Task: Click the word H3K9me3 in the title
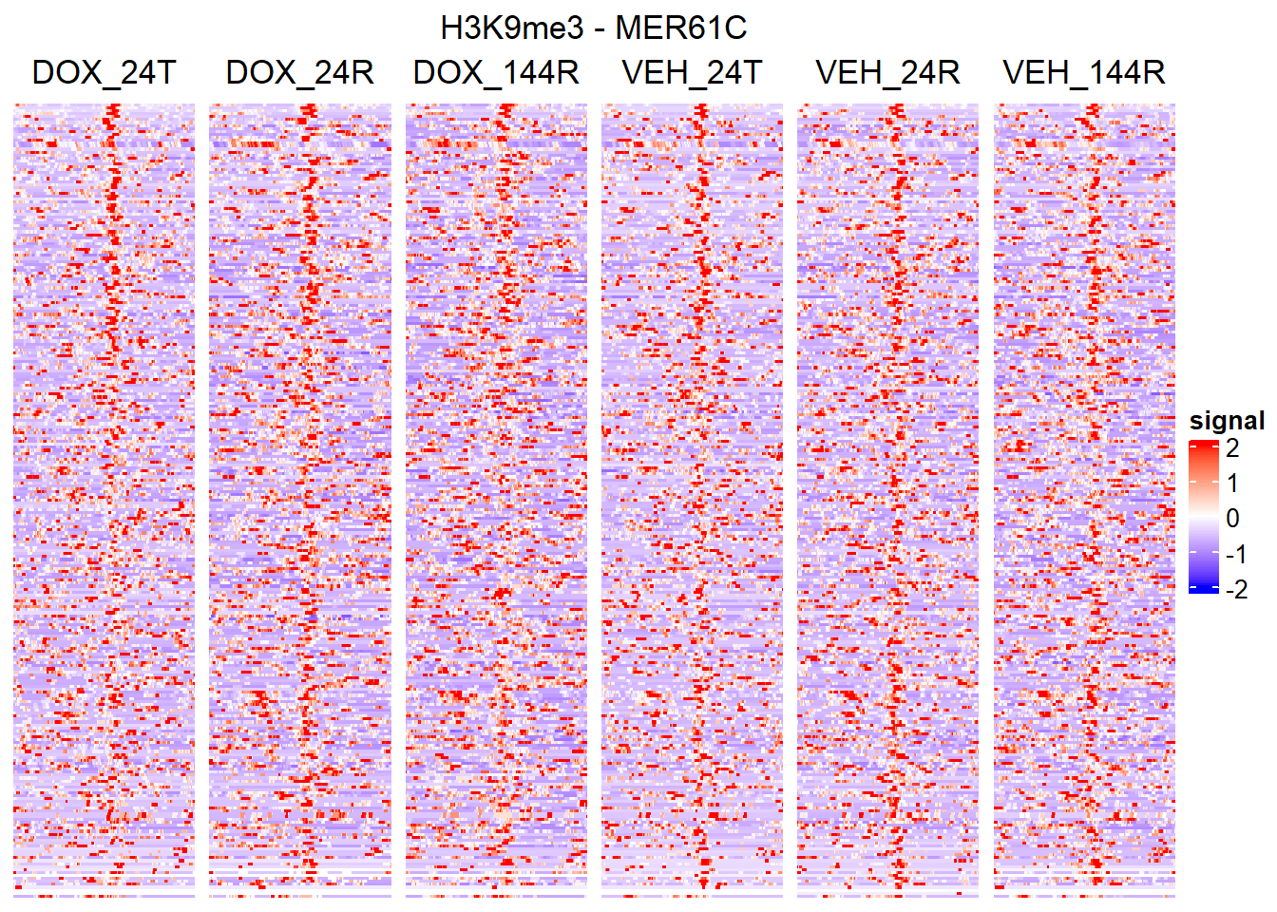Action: [x=511, y=28]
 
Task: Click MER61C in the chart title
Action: [x=680, y=28]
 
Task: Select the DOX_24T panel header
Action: [x=104, y=72]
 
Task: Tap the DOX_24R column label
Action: [x=299, y=72]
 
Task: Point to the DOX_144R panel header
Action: [x=496, y=72]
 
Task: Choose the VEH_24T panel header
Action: [x=692, y=72]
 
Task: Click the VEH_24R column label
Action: [x=887, y=72]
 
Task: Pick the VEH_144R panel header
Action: [x=1084, y=72]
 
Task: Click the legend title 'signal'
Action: [x=1227, y=421]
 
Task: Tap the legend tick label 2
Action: [x=1232, y=448]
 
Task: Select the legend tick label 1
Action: [x=1232, y=484]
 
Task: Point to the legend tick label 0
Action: [x=1232, y=519]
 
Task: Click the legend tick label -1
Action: [x=1235, y=554]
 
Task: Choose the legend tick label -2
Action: [x=1235, y=589]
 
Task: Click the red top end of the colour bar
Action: [x=1203, y=445]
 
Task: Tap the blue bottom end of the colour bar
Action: [x=1203, y=589]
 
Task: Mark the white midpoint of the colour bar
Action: [x=1203, y=519]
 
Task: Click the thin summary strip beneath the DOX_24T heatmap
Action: [x=104, y=895]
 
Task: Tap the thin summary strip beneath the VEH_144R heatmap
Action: [x=1084, y=895]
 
